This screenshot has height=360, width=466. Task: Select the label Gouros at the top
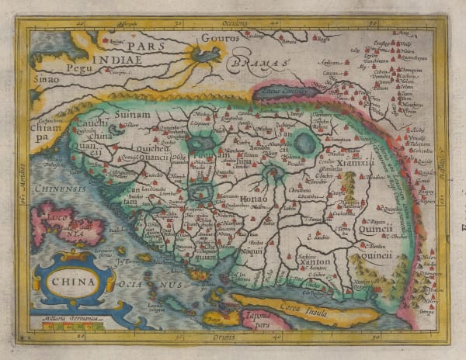click(x=217, y=37)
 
